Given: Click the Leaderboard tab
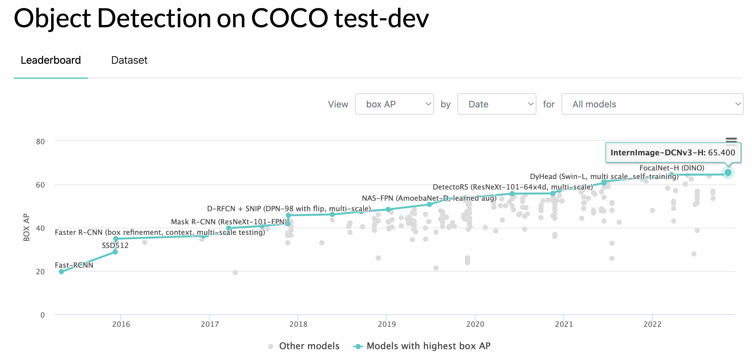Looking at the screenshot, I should tap(51, 60).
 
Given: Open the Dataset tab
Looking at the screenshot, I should tap(129, 60).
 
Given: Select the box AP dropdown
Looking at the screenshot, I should tap(394, 104).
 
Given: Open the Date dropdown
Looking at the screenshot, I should tap(497, 104).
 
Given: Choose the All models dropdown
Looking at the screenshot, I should tap(652, 104).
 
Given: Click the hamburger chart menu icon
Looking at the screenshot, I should tap(731, 142).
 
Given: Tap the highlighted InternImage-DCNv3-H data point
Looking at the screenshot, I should tap(728, 172).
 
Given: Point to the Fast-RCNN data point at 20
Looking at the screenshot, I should tap(61, 272).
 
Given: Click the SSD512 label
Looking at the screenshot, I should tap(115, 245).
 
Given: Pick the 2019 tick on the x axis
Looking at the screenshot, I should tap(387, 324).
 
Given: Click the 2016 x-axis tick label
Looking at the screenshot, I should tap(121, 324).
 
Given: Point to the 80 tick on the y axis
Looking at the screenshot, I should tap(40, 142).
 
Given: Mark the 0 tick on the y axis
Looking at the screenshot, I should tap(43, 315).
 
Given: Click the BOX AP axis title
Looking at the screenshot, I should tap(27, 227).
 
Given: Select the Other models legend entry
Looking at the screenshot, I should tap(304, 346).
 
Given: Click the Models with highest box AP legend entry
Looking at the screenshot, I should tap(422, 346).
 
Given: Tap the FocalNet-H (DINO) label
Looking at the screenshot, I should tap(672, 168).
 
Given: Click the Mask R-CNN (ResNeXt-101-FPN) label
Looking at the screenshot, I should tap(229, 222).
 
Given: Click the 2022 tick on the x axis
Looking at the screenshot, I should tap(652, 324).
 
